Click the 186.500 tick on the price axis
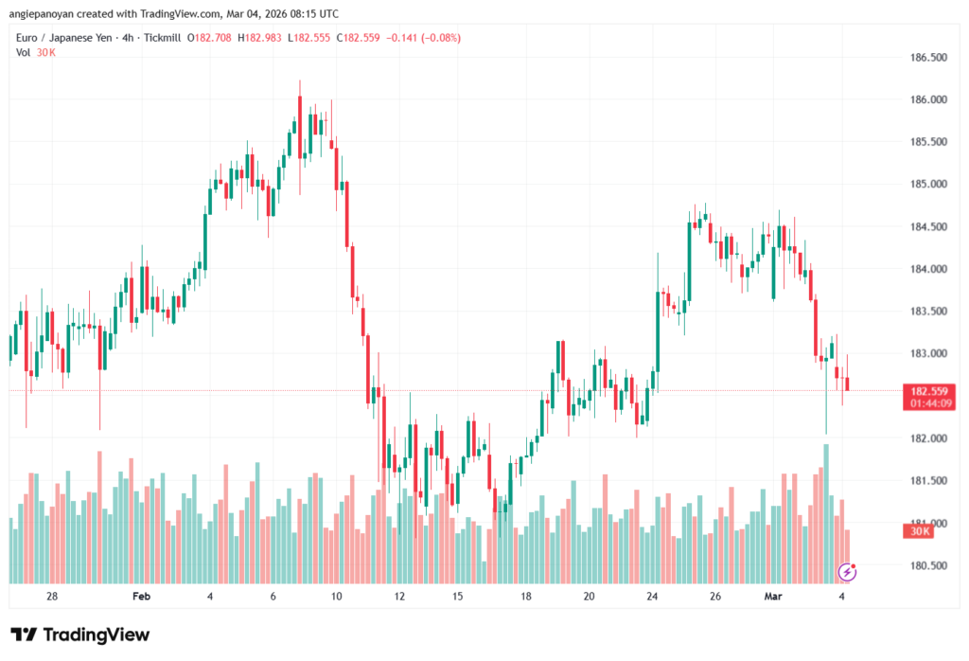(926, 58)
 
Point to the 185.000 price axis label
(926, 185)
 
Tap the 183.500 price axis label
(926, 312)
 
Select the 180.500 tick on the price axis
(926, 566)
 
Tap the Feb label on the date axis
(141, 597)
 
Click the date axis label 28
(52, 597)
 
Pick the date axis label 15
(457, 597)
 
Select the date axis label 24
(652, 597)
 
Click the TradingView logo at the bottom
(80, 634)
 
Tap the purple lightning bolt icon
(848, 572)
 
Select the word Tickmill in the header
(160, 37)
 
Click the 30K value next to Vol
(45, 52)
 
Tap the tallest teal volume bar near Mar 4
(826, 511)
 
